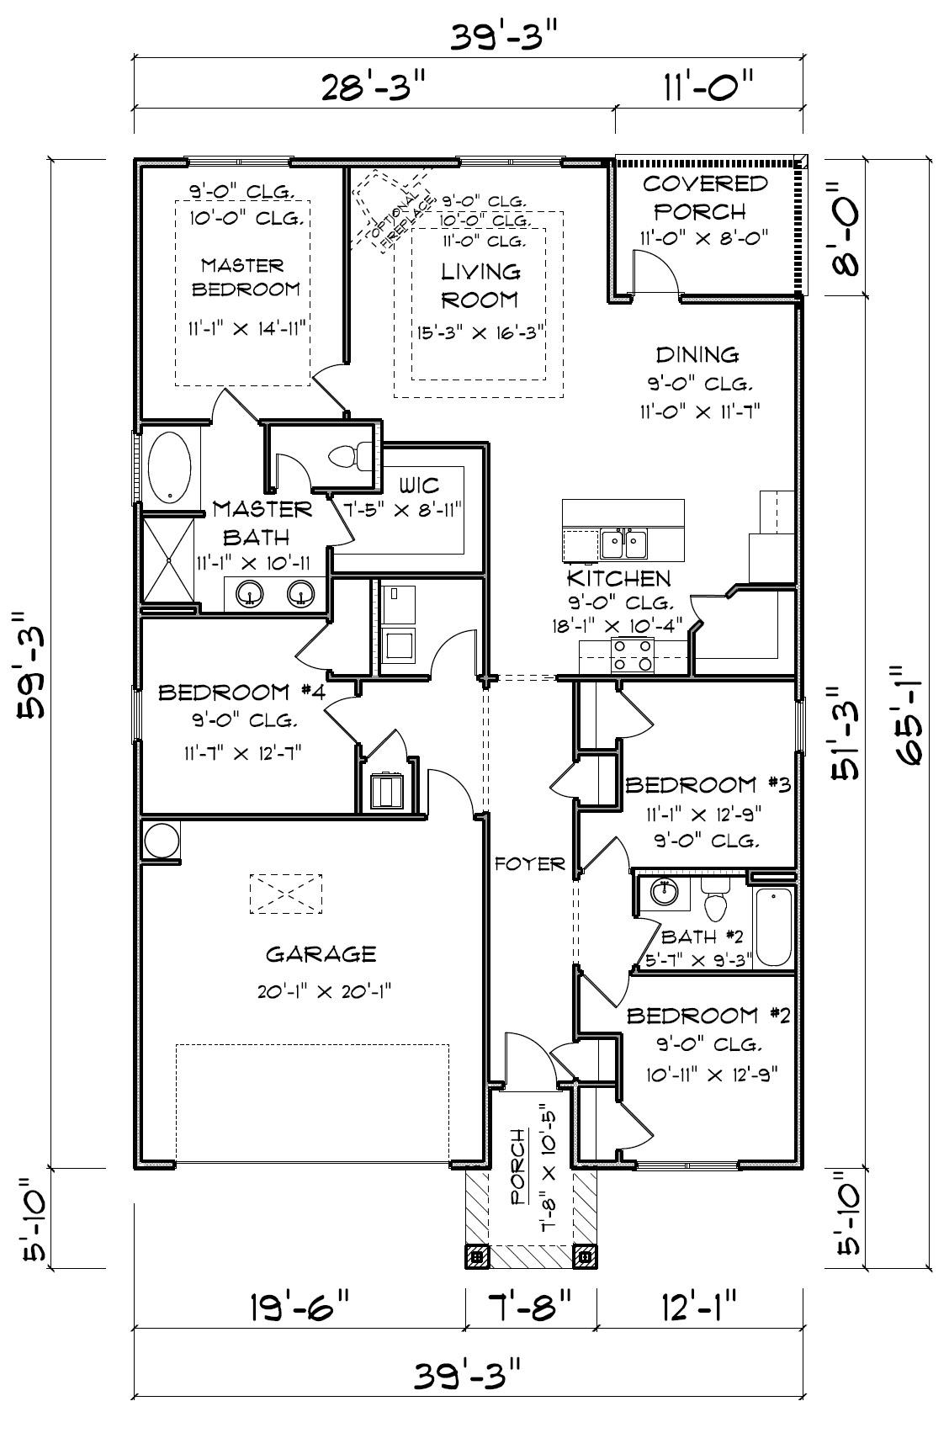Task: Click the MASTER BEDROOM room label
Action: pos(242,277)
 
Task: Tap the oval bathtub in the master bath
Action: pos(171,468)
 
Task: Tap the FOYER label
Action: pos(529,864)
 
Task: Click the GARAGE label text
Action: pos(321,954)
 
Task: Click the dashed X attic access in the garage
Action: pos(286,894)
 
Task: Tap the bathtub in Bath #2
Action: pos(774,926)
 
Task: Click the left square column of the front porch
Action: pos(477,1256)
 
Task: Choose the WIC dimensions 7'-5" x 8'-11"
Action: pos(420,510)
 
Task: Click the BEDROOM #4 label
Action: pos(242,693)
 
